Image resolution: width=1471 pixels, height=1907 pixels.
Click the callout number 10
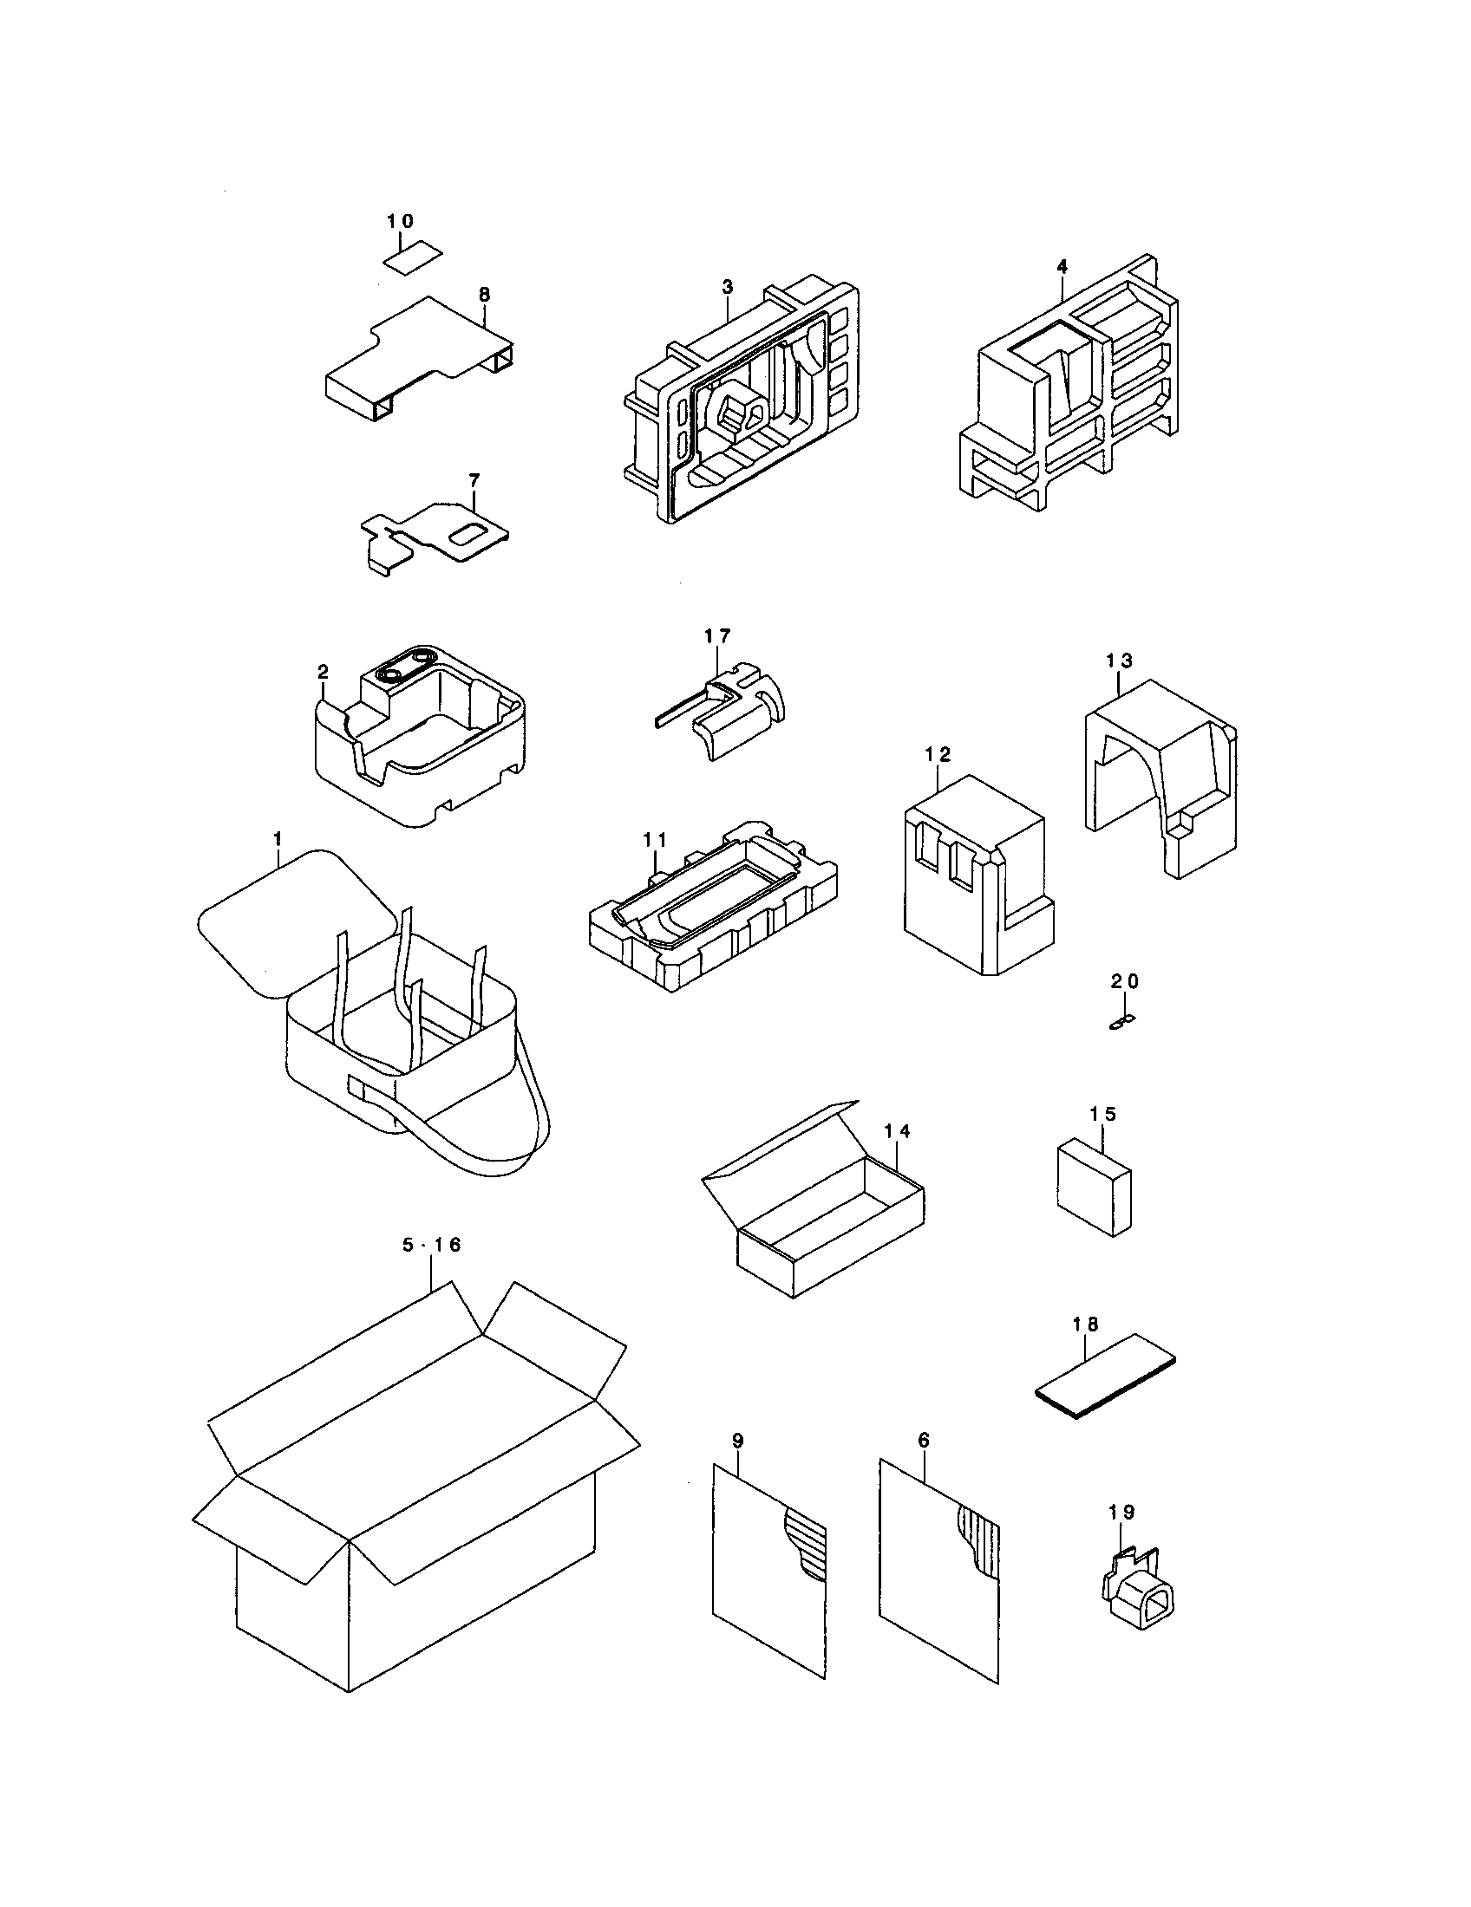[400, 221]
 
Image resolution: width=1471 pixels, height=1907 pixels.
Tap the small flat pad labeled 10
[412, 257]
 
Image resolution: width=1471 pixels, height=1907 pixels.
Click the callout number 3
[728, 286]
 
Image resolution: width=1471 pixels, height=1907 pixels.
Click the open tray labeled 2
[419, 742]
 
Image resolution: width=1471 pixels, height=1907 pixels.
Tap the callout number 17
[717, 635]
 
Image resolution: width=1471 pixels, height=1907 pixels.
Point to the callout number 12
[938, 753]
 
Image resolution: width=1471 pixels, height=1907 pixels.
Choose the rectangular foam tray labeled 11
[712, 917]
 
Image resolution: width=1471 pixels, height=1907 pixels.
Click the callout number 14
[897, 1131]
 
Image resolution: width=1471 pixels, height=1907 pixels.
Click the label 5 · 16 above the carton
[431, 1245]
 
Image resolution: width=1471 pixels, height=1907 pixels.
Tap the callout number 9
[738, 1442]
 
